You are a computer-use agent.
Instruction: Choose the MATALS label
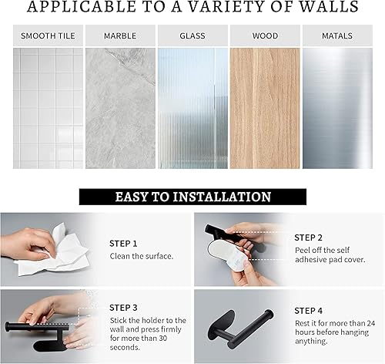[x=336, y=35]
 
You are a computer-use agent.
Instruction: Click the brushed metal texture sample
[x=336, y=108]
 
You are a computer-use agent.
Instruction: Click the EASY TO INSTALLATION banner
[x=192, y=197]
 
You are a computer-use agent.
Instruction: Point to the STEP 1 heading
[x=124, y=243]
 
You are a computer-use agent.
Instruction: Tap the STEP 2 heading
[x=309, y=238]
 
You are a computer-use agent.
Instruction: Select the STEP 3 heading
[x=124, y=308]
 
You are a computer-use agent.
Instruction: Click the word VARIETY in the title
[x=236, y=8]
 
